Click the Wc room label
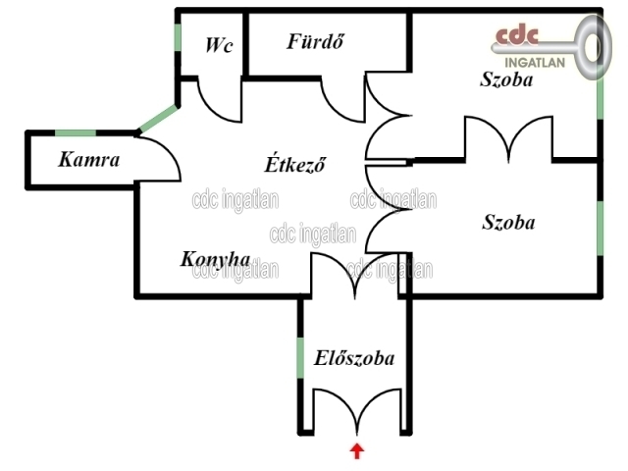coord(219,45)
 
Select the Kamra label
coord(88,158)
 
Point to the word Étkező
coord(295,161)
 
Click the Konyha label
coord(215,259)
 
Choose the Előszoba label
coord(354,358)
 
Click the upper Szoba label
coord(506,80)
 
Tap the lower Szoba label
coord(508,222)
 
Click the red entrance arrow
coord(356,451)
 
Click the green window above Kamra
coord(75,132)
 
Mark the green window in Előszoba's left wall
coord(301,358)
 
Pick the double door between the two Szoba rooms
coord(508,137)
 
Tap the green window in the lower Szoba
coord(600,227)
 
